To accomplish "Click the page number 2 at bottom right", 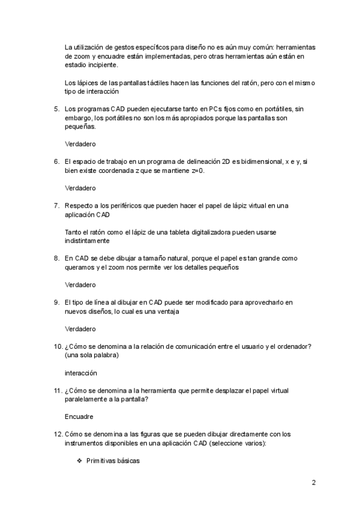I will [x=313, y=482].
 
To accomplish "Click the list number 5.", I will [x=56, y=109].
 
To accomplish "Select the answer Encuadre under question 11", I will [x=79, y=415].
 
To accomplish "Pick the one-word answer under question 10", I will [x=81, y=373].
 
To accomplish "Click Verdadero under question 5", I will [x=80, y=144].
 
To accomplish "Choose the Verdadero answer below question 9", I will [x=80, y=329].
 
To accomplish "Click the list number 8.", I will [x=56, y=258].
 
